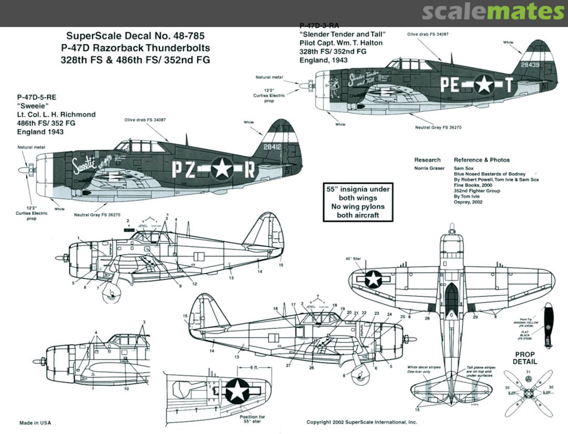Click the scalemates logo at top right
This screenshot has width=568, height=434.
tap(493, 12)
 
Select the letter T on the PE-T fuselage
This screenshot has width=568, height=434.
tap(509, 84)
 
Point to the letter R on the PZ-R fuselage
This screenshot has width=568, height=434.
tap(250, 169)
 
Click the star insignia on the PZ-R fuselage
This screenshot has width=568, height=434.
tap(222, 169)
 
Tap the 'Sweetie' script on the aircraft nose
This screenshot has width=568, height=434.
tap(84, 162)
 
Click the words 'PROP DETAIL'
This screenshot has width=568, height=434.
tap(525, 358)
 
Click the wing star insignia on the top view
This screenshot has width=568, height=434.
tap(373, 279)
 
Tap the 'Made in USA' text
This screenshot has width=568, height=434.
tap(35, 423)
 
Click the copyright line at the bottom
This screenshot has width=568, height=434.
tap(361, 422)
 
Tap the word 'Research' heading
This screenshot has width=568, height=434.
tap(427, 160)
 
